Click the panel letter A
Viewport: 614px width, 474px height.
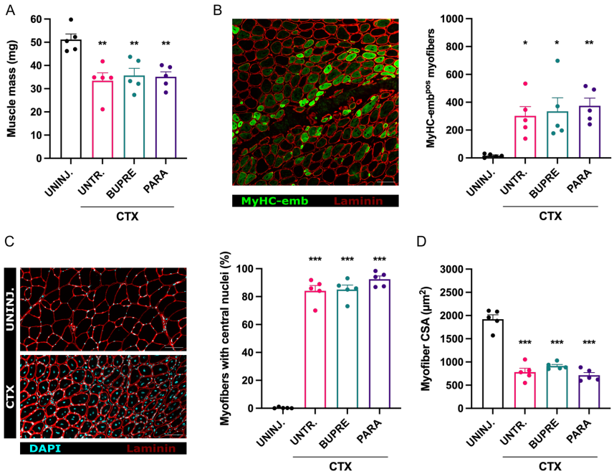coord(10,9)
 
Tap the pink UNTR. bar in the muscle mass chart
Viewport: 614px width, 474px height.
coord(103,119)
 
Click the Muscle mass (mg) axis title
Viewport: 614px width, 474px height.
coord(12,87)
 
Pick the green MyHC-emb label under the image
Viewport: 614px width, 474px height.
coord(272,202)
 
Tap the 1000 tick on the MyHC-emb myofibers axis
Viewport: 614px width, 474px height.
coord(451,19)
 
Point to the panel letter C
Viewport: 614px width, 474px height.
coord(10,242)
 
